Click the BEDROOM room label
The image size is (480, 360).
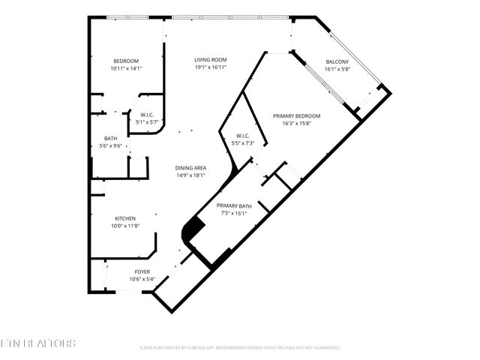(x=126, y=61)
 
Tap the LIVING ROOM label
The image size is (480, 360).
(x=211, y=60)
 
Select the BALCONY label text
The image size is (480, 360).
(x=337, y=61)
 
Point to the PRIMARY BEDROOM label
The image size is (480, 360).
(x=296, y=116)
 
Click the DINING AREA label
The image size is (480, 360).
(x=190, y=168)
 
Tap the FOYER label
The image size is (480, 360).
(x=142, y=271)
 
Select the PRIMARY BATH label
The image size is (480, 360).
(x=234, y=205)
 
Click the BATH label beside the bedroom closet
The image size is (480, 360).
(x=110, y=139)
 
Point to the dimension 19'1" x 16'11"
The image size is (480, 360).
(x=211, y=67)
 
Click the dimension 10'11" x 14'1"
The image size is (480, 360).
(x=126, y=68)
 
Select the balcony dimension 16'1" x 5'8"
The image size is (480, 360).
(x=337, y=69)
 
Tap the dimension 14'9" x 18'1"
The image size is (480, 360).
(x=190, y=175)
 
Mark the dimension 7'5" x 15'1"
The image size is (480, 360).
(x=234, y=213)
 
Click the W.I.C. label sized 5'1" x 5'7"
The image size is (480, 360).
(x=147, y=115)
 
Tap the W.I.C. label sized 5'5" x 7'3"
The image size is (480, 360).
(x=242, y=136)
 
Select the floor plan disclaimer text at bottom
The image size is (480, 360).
(x=240, y=348)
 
